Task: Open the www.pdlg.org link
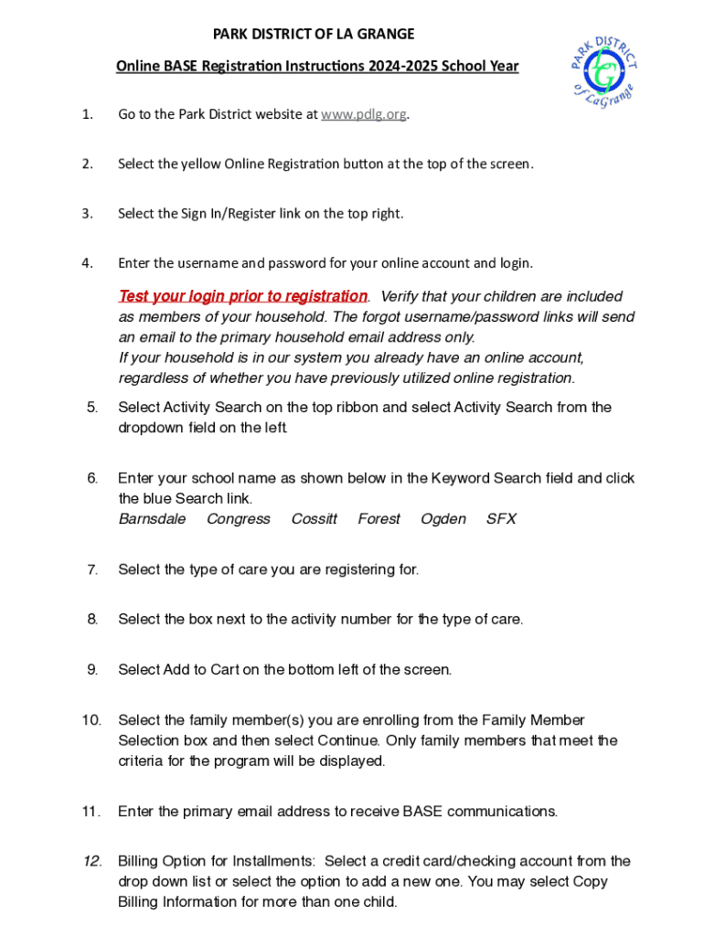364,114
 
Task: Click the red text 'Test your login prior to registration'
243,296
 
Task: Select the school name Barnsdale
152,519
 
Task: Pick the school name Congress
239,519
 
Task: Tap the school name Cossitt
314,519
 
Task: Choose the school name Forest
379,519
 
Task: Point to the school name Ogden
443,519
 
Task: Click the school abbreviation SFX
501,519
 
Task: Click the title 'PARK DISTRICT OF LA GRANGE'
314,35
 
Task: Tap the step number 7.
92,569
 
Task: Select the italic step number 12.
92,861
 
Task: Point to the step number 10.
91,720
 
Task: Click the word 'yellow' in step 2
200,164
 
